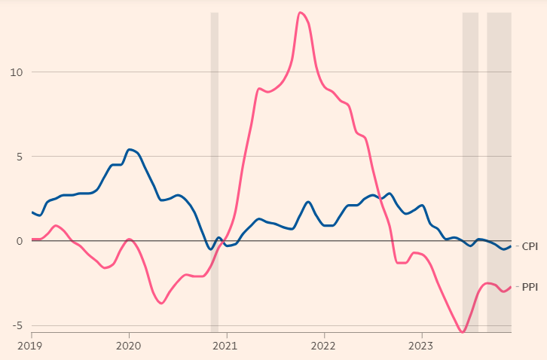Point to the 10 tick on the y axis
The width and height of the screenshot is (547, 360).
[17, 72]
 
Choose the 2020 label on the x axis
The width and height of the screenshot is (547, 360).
[129, 346]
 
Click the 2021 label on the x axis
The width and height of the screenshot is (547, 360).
[226, 346]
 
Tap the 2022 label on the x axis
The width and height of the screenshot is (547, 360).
[324, 346]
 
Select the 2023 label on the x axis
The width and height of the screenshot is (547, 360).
[421, 346]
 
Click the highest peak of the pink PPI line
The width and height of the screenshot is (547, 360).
[300, 12]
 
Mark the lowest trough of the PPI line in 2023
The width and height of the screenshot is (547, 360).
[463, 331]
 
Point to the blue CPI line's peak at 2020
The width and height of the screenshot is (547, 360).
[130, 149]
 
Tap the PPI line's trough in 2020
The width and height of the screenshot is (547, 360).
[161, 304]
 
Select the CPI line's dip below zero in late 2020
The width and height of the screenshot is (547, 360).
[210, 249]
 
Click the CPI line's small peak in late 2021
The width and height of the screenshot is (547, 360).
[308, 202]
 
